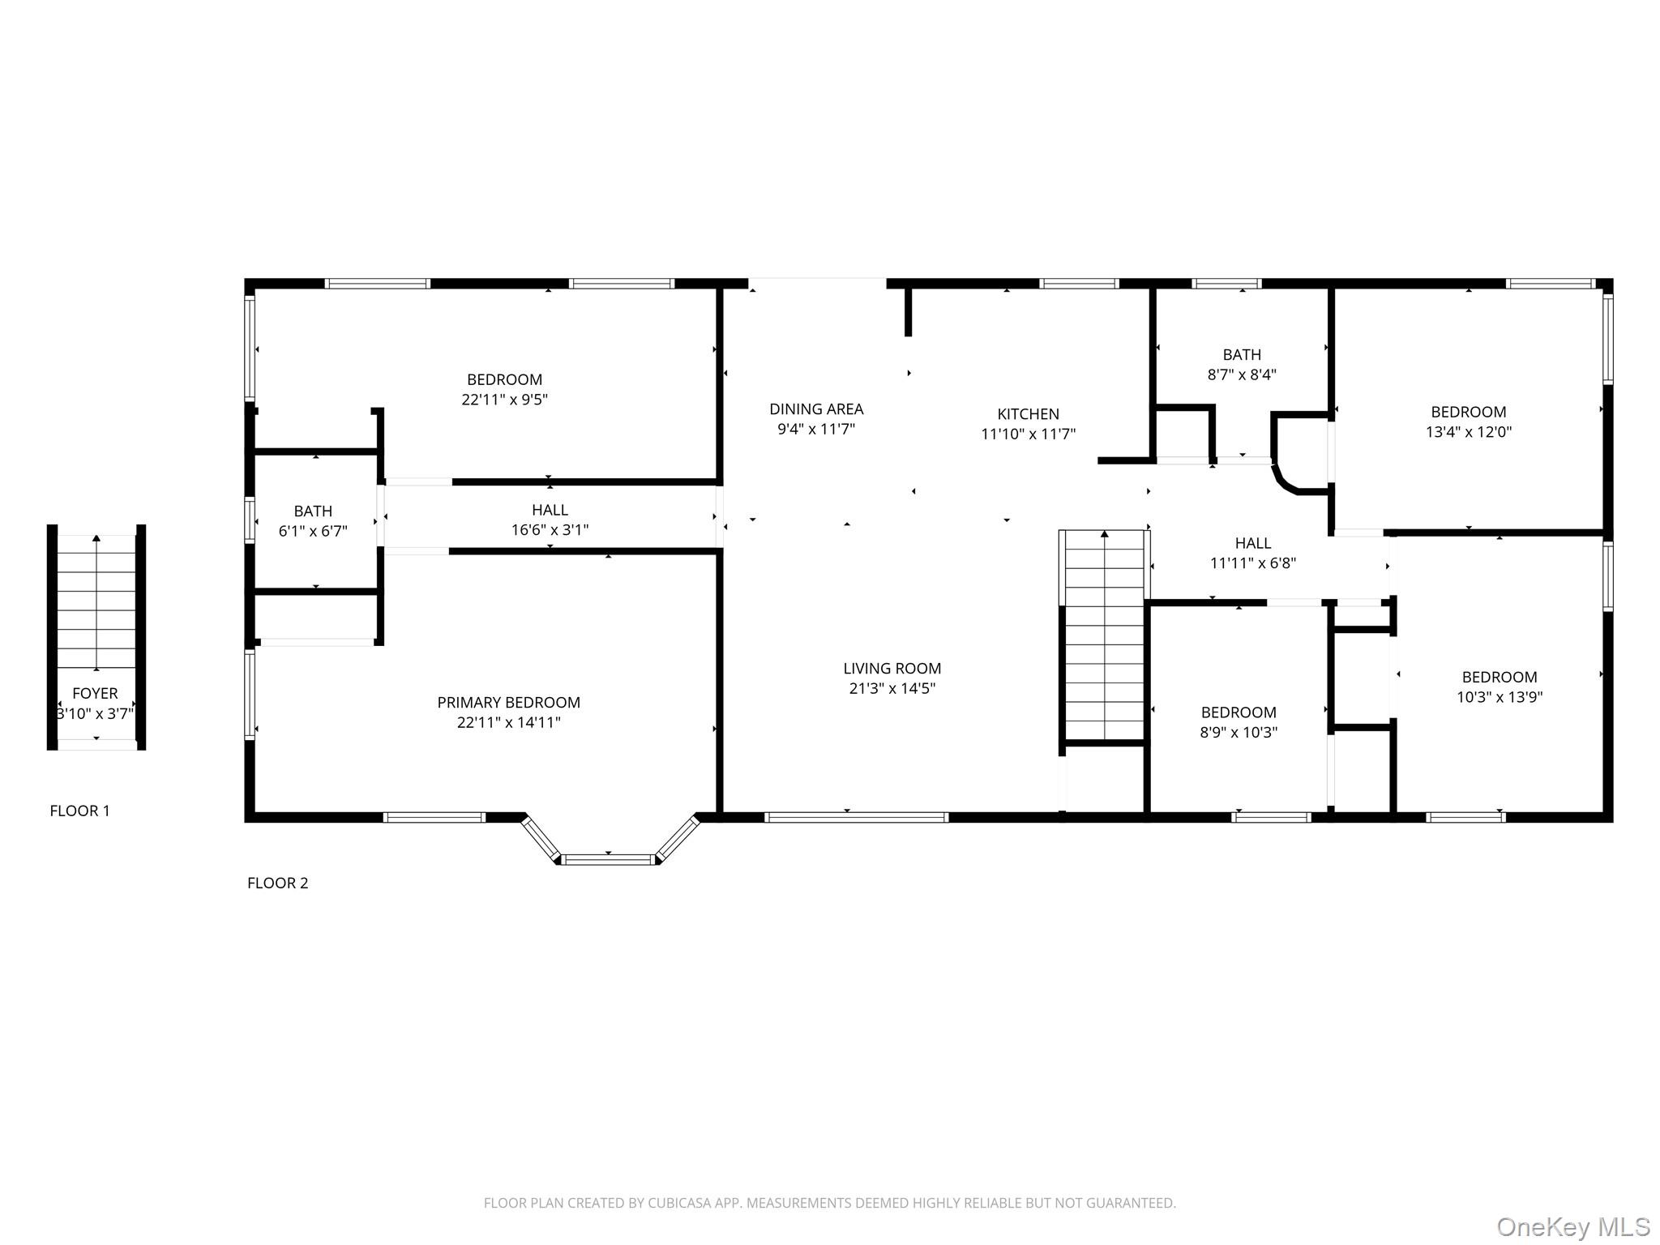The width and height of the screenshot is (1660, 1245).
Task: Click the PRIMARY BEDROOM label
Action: (508, 702)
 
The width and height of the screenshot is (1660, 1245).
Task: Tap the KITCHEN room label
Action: (1028, 413)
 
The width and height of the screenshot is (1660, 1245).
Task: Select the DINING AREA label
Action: (815, 409)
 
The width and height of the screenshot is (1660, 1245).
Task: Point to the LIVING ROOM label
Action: (892, 668)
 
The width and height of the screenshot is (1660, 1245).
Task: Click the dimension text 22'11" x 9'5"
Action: (504, 400)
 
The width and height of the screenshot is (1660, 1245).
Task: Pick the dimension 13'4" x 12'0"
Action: (1468, 432)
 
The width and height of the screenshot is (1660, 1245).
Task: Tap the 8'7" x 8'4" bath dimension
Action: (1242, 374)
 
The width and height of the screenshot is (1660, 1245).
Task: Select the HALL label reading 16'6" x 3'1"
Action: (550, 510)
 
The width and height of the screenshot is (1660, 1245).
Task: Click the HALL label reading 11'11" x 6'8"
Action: (1252, 543)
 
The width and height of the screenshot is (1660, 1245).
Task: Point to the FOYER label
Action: (95, 693)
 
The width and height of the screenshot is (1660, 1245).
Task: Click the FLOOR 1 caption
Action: (79, 811)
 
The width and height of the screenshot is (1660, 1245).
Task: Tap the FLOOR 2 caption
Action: (277, 883)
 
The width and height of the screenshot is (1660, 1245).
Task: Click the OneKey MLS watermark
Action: (1572, 1226)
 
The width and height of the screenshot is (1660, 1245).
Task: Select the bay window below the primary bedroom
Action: (609, 858)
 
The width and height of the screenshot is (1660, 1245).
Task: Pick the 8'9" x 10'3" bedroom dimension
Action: (1239, 733)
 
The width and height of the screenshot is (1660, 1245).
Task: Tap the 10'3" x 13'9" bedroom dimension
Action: (1499, 697)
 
